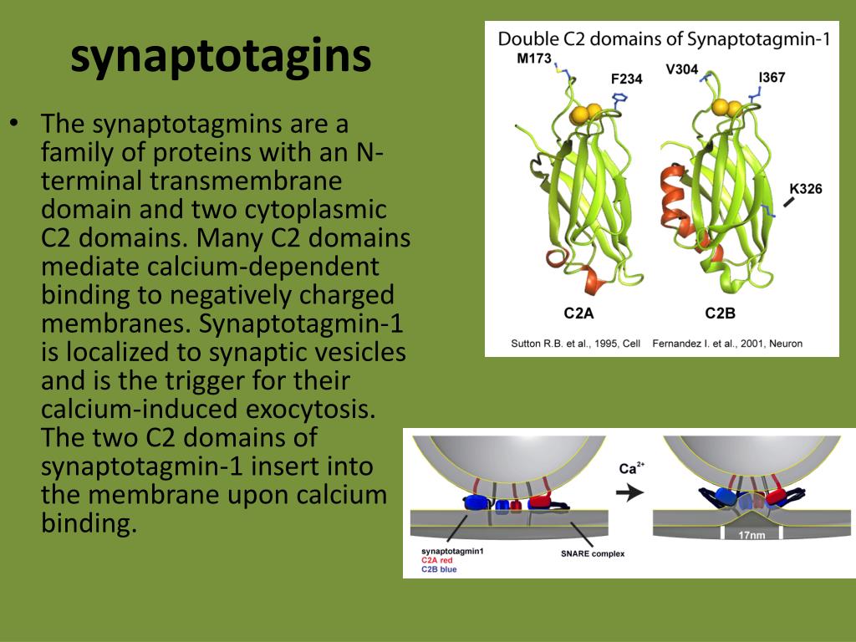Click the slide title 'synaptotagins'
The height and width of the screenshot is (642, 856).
point(221,57)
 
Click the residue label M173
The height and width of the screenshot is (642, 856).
point(535,59)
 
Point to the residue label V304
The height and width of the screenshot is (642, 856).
point(681,69)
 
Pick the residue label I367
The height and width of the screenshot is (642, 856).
point(772,78)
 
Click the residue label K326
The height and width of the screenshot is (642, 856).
point(806,189)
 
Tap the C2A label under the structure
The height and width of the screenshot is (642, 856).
point(581,313)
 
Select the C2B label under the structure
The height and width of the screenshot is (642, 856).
point(721,313)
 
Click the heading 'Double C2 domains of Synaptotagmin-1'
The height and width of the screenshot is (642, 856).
point(664,38)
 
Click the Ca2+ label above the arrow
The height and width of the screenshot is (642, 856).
point(629,469)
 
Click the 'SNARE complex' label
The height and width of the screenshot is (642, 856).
point(593,553)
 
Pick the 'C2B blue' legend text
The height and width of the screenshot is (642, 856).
point(440,570)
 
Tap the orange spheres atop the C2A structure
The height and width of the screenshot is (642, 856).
point(587,113)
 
